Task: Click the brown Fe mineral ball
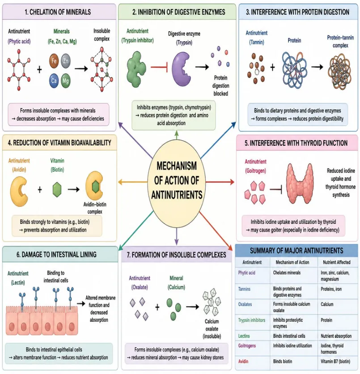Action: pos(54,61)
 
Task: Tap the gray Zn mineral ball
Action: pos(66,61)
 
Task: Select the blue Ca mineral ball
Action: pos(54,80)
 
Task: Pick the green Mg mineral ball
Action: pos(66,80)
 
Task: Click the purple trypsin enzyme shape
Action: pos(181,69)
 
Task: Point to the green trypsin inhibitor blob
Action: pos(136,69)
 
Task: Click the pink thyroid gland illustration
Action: pos(300,183)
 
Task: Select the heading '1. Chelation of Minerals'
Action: pos(58,12)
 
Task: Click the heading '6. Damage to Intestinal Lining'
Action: pos(57,255)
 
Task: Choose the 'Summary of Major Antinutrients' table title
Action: pos(296,250)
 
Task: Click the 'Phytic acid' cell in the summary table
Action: pos(246,273)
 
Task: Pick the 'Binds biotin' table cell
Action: pos(283,361)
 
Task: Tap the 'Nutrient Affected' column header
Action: pos(337,262)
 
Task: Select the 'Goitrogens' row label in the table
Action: pos(247,345)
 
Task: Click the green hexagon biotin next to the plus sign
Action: pos(57,189)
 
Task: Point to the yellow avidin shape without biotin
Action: pos(19,191)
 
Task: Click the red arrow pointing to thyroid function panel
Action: pos(220,182)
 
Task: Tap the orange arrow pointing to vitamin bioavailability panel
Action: pos(133,182)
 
